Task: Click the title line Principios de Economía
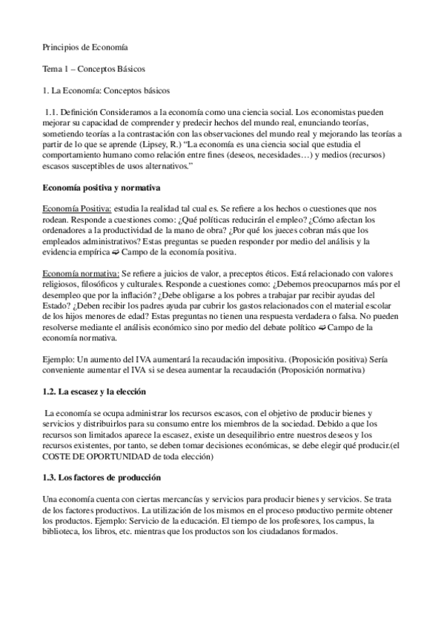(84, 46)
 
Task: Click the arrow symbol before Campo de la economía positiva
(113, 252)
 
